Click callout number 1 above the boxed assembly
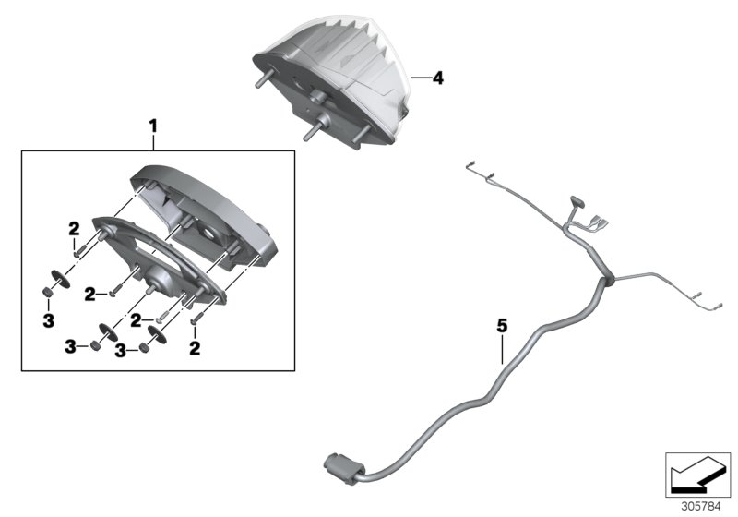pyautogui.click(x=154, y=123)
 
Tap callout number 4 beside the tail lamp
pyautogui.click(x=438, y=79)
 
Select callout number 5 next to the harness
pyautogui.click(x=503, y=325)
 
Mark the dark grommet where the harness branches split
pyautogui.click(x=607, y=279)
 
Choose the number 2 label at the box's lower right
pyautogui.click(x=195, y=348)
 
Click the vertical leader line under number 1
pyautogui.click(x=154, y=140)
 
